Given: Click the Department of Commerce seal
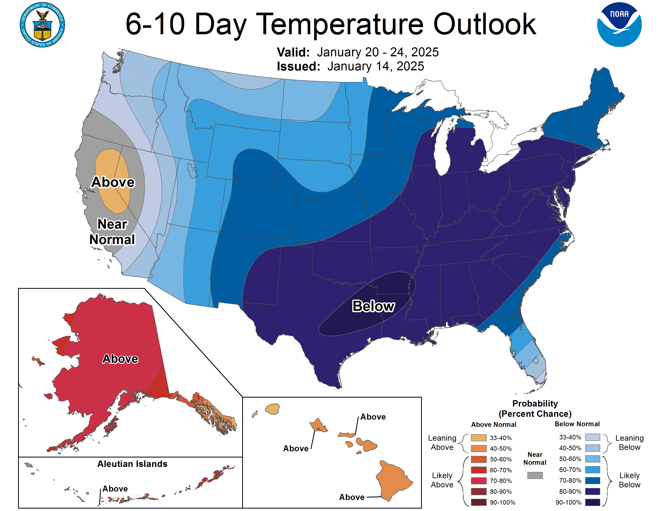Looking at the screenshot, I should [x=43, y=25].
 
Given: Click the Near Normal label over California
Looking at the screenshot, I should [x=112, y=232].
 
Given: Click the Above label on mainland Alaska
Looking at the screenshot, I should [x=120, y=359].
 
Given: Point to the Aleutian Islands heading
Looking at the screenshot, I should [x=132, y=464].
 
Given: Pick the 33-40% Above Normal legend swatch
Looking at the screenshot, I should [x=479, y=438].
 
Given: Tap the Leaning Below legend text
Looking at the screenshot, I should [x=629, y=443].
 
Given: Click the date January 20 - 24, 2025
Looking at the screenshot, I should [x=378, y=52].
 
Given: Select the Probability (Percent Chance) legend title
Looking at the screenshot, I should [x=535, y=409].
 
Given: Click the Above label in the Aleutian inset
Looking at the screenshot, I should [x=115, y=489].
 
